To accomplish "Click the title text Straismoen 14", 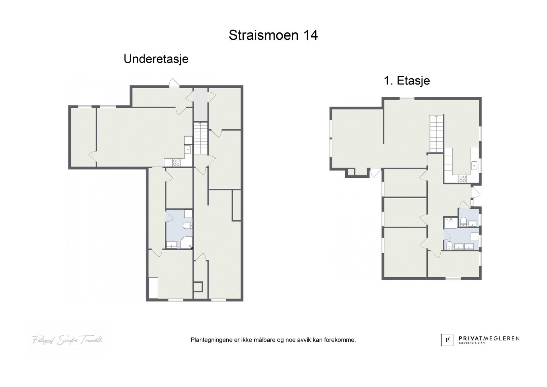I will (273, 35).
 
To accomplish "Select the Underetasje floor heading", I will (156, 59).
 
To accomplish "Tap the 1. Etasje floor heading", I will (407, 81).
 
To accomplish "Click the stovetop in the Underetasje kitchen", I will (176, 163).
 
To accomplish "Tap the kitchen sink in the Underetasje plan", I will (188, 149).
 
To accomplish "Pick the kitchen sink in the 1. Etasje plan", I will (475, 166).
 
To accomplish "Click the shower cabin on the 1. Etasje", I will (451, 221).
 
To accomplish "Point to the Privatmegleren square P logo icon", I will (447, 339).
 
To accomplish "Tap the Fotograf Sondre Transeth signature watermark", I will (67, 340).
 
